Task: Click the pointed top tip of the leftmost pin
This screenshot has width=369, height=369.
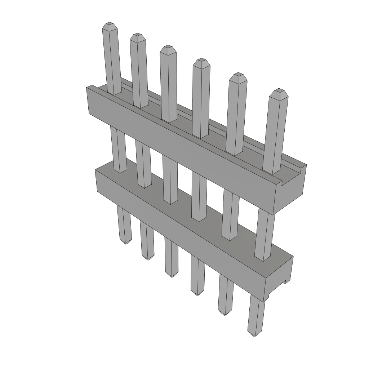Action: click(x=109, y=25)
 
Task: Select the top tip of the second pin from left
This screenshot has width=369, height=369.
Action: click(x=137, y=36)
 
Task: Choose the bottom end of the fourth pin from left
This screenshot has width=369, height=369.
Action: click(x=197, y=293)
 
